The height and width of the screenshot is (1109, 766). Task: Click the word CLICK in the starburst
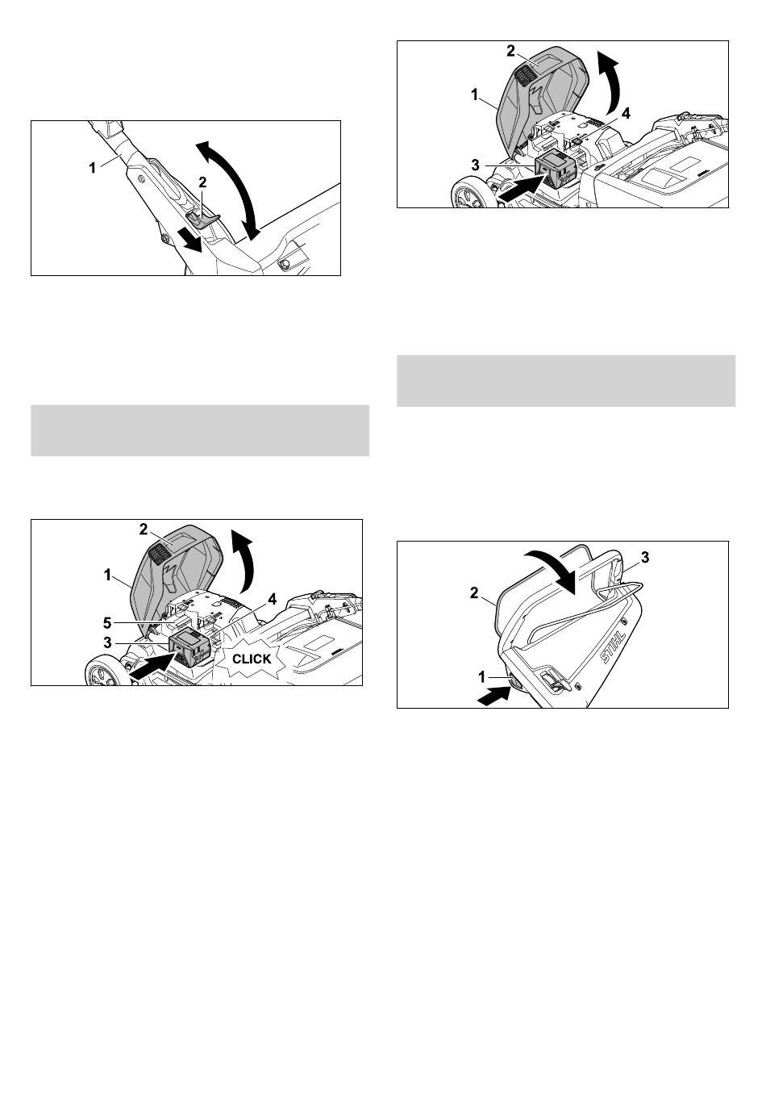pos(252,659)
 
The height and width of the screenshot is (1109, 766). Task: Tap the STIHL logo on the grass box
pos(613,647)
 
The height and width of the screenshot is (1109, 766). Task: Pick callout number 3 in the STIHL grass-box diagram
pos(645,558)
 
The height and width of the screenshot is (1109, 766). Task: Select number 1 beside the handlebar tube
pos(93,169)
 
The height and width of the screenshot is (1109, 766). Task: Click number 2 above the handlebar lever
pos(202,182)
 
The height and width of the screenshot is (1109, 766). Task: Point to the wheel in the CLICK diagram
pos(104,673)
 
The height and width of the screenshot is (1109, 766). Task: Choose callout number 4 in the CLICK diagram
pos(272,600)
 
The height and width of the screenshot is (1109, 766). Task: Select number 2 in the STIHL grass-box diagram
pos(474,592)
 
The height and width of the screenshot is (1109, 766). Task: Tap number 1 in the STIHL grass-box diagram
pos(483,677)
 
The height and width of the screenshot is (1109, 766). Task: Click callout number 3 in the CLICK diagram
pos(108,643)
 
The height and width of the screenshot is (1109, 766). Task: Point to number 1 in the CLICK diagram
pos(108,575)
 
